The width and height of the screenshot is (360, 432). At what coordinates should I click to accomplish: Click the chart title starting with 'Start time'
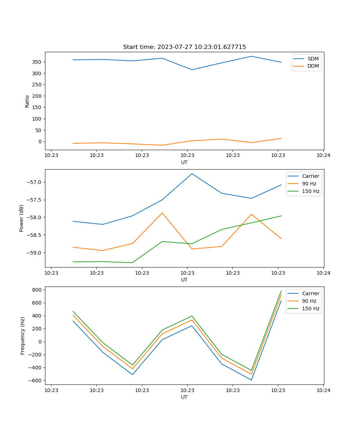tap(184, 47)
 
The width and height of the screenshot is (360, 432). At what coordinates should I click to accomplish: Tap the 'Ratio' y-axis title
tap(27, 101)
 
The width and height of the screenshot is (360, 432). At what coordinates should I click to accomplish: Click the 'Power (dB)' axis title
tap(22, 218)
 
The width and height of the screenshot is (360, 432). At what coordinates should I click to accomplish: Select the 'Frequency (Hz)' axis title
tap(22, 336)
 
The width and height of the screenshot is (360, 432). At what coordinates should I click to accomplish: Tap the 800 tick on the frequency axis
tap(37, 290)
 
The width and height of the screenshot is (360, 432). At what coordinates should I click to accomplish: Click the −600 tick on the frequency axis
tap(36, 381)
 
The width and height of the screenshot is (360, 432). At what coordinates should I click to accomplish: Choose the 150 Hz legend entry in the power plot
tap(311, 191)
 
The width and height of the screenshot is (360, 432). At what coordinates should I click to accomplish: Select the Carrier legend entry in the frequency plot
tap(310, 293)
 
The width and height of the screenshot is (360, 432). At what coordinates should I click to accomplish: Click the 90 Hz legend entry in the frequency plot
tap(309, 301)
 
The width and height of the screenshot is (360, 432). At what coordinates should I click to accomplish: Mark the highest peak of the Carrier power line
tap(192, 174)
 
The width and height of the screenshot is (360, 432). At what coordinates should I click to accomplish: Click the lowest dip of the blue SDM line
tap(192, 70)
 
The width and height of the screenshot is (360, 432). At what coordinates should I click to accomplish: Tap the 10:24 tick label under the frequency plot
tap(323, 390)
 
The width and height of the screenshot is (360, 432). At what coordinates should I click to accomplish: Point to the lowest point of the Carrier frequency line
tap(251, 380)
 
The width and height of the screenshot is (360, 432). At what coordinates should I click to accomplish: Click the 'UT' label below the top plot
tap(184, 162)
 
